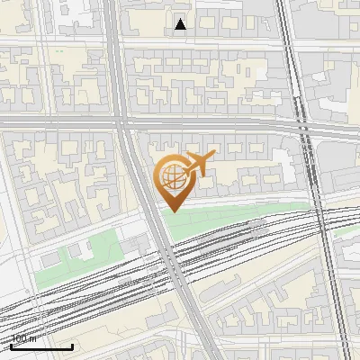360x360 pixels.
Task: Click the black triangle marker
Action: pyautogui.click(x=181, y=24)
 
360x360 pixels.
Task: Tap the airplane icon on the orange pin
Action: pyautogui.click(x=198, y=164)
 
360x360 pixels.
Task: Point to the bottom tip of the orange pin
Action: pyautogui.click(x=172, y=211)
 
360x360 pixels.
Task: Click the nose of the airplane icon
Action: pyautogui.click(x=212, y=157)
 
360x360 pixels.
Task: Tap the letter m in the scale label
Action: pyautogui.click(x=33, y=339)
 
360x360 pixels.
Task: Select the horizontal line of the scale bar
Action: pyautogui.click(x=41, y=346)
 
